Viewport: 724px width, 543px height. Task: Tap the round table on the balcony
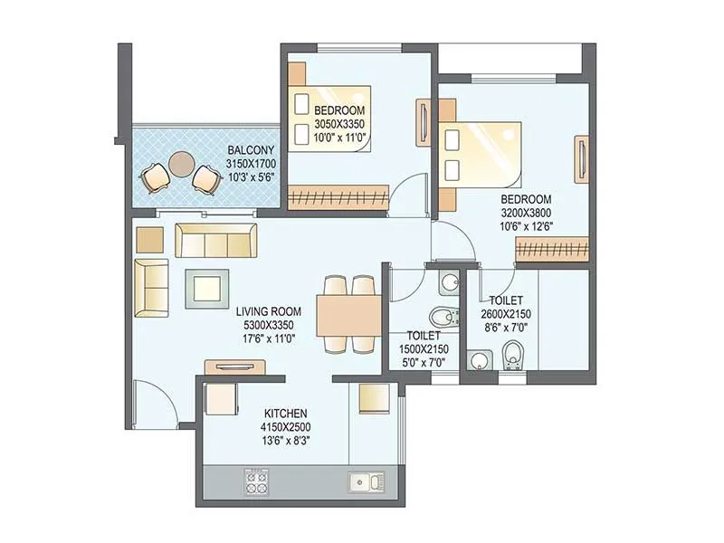(182, 164)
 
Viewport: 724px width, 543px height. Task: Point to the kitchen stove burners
(256, 481)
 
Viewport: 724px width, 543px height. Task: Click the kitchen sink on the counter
(366, 481)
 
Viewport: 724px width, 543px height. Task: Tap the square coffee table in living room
(206, 289)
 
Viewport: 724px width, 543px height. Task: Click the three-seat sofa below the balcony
(215, 241)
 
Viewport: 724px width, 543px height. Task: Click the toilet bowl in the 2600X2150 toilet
(513, 356)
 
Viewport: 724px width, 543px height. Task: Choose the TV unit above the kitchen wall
(234, 367)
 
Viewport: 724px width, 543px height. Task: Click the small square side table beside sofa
(149, 240)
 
